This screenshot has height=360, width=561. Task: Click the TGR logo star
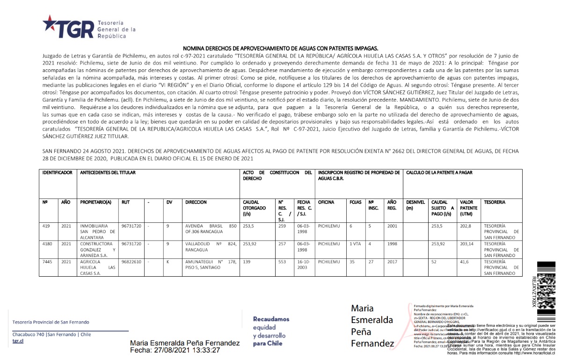[49, 23]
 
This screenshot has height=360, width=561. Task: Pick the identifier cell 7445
[46, 262]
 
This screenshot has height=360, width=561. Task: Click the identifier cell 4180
[46, 244]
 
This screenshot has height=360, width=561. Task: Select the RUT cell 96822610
[131, 262]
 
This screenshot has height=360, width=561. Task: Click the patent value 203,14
[468, 244]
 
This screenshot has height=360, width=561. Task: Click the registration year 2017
[392, 262]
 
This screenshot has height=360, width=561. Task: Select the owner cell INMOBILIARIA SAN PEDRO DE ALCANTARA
[97, 231]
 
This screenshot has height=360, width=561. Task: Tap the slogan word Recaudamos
[271, 319]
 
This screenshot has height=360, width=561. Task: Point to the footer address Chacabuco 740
[29, 335]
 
